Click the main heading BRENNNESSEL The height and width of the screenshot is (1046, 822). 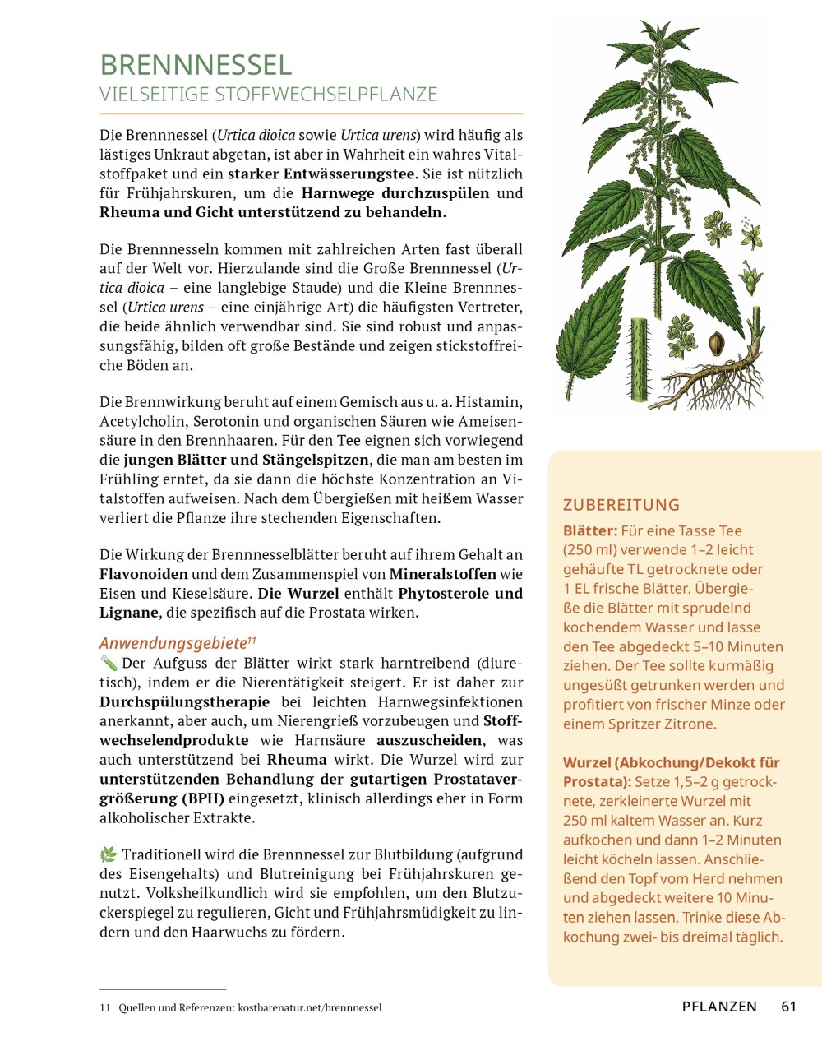[196, 65]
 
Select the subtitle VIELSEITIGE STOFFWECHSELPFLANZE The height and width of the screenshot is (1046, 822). [269, 95]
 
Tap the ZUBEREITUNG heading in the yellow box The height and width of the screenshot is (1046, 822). [621, 505]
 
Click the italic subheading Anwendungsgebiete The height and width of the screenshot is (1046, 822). [173, 643]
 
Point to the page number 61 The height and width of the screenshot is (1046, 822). [788, 1007]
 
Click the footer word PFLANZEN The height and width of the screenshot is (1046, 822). [719, 1007]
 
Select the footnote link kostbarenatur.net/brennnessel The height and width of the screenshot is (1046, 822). [309, 1007]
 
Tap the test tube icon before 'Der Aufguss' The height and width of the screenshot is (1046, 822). [109, 663]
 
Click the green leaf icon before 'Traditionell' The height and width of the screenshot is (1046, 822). [109, 854]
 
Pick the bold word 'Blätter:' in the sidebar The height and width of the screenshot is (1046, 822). [589, 530]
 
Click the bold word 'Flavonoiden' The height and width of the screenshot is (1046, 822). [144, 574]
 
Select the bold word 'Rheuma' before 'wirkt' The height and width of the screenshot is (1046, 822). [297, 760]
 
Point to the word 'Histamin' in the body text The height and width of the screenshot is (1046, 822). [489, 402]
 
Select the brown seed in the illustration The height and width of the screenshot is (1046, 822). [716, 340]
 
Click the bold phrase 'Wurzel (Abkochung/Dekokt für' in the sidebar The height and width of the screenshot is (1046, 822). [671, 762]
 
